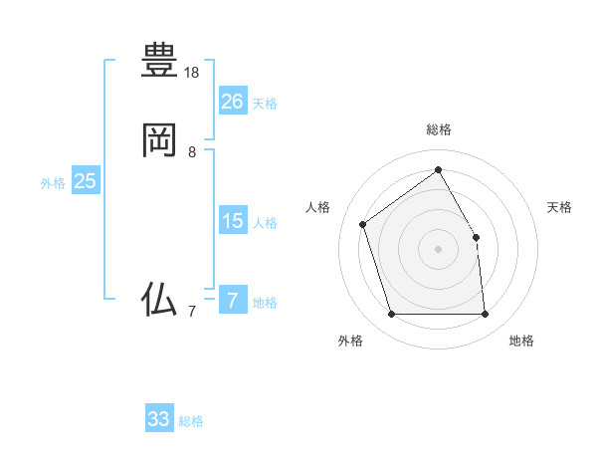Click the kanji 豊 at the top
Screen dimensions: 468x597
(159, 61)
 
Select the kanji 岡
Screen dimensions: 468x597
(159, 140)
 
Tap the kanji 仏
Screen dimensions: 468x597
(159, 299)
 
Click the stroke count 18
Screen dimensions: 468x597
(192, 73)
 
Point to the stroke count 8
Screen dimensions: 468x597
(192, 152)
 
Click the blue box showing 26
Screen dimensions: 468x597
(233, 102)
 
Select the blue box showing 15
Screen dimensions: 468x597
(233, 221)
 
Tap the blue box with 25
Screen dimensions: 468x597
(86, 181)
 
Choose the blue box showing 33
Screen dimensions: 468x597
(159, 419)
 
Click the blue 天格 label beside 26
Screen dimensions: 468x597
(265, 104)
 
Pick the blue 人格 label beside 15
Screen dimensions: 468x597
(265, 223)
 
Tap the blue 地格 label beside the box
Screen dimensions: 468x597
(265, 303)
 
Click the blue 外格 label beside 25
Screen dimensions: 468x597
(53, 183)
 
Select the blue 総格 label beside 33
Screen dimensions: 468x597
(191, 421)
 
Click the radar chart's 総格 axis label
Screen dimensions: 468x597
(438, 129)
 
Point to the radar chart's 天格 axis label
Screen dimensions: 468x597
(559, 207)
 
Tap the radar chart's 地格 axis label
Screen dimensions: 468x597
(521, 341)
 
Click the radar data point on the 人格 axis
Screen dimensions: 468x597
(364, 224)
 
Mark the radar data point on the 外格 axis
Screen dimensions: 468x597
(392, 315)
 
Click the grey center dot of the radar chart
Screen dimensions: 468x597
(438, 249)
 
